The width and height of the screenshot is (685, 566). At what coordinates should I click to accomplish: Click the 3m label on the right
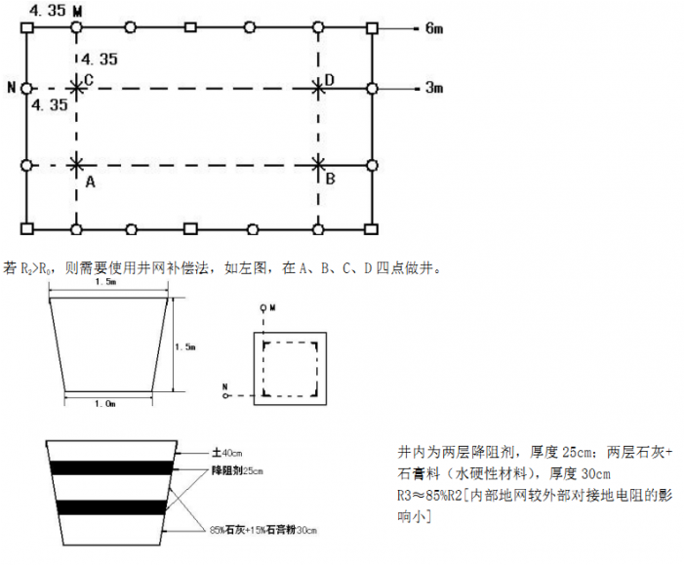[433, 89]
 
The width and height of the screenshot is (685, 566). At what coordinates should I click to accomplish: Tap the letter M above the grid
[78, 9]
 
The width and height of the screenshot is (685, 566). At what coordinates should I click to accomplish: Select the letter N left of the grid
[11, 89]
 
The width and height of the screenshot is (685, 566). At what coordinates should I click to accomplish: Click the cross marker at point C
[77, 89]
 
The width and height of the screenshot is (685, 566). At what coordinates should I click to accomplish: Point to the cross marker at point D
[319, 89]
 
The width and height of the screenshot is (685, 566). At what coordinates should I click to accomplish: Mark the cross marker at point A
[77, 166]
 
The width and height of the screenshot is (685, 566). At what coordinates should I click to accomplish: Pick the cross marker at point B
[319, 166]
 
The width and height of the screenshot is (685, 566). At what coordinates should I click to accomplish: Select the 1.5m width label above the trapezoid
[107, 283]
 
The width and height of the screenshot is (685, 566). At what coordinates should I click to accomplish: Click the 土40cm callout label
[228, 453]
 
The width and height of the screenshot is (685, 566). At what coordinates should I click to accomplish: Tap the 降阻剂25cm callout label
[237, 471]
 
